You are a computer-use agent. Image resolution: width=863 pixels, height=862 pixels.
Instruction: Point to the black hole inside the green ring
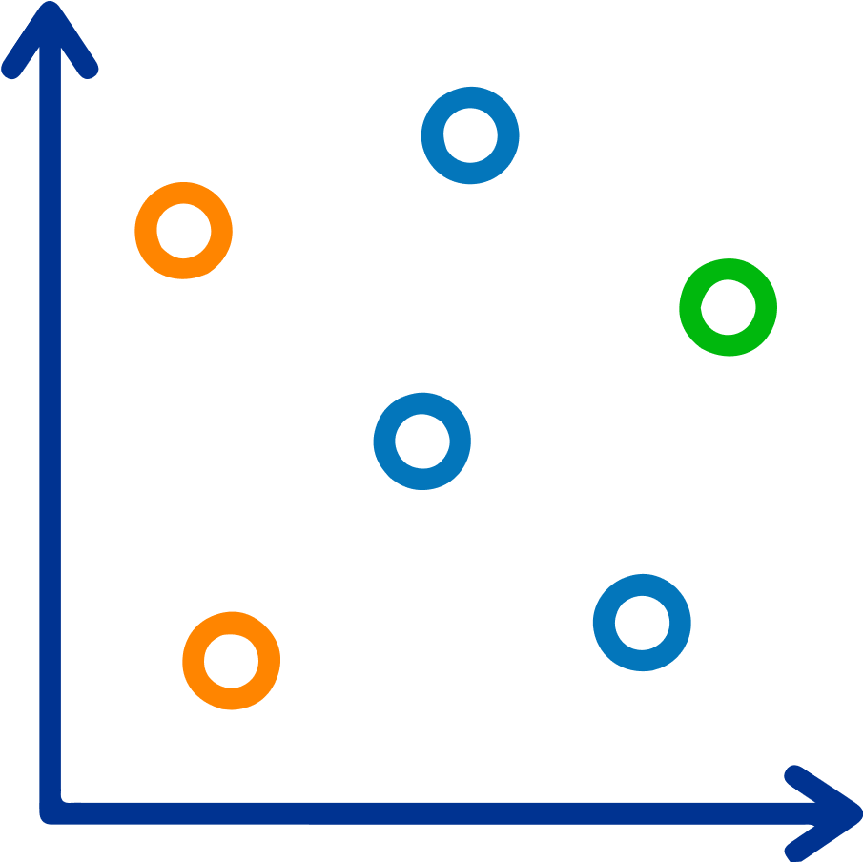[x=729, y=307]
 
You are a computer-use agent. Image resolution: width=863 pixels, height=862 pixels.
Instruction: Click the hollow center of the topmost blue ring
[x=470, y=134]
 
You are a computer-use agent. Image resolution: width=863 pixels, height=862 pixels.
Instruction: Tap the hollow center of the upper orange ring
[x=183, y=231]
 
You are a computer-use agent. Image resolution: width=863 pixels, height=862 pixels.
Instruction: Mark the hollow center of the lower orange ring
[x=231, y=660]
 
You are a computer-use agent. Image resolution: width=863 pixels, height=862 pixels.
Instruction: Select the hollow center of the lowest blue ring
[x=642, y=622]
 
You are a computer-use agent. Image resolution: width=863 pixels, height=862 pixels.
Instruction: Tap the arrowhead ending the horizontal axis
[x=844, y=812]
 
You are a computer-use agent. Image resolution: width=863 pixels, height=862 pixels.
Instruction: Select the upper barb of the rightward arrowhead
[x=815, y=788]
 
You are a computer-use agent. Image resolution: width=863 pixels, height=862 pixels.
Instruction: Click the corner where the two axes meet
[x=51, y=811]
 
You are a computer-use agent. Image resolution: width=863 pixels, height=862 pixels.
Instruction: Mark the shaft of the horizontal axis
[x=429, y=812]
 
